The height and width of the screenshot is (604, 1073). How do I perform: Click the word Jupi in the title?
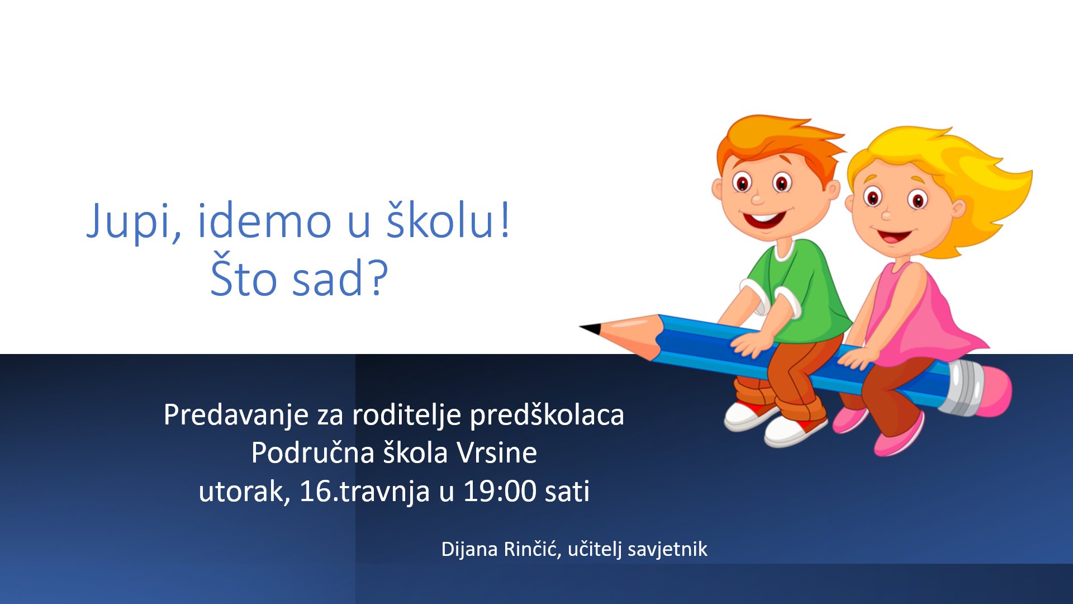pyautogui.click(x=134, y=221)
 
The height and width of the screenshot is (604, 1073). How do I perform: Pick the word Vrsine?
pyautogui.click(x=497, y=453)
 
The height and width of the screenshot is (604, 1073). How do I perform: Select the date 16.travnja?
pyautogui.click(x=364, y=492)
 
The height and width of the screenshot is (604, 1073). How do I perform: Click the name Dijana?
pyautogui.click(x=469, y=549)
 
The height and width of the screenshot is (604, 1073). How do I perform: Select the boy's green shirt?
pyautogui.click(x=805, y=291)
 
